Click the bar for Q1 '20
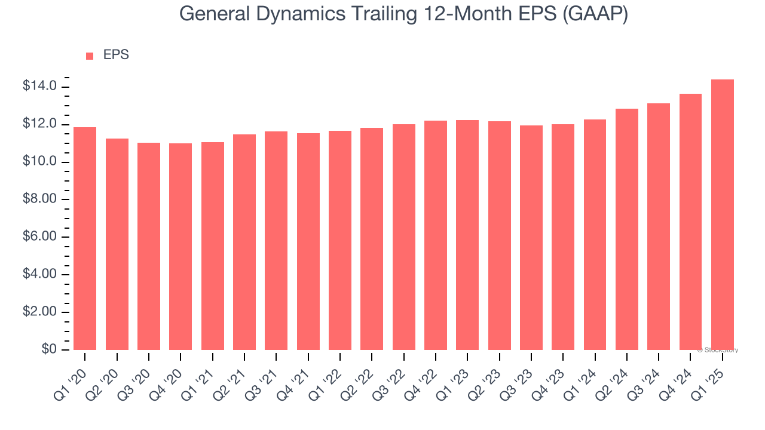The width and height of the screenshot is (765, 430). (85, 239)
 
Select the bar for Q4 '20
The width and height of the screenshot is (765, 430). (180, 247)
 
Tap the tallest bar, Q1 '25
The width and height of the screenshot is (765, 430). (722, 215)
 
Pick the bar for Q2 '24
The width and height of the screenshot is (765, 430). (626, 229)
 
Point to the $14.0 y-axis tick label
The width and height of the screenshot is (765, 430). (39, 87)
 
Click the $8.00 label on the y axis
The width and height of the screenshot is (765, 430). (39, 199)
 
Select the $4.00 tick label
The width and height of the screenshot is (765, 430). (39, 275)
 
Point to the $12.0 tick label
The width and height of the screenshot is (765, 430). (39, 125)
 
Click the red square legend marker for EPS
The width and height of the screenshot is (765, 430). (90, 56)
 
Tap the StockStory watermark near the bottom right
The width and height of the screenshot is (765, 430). (718, 351)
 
